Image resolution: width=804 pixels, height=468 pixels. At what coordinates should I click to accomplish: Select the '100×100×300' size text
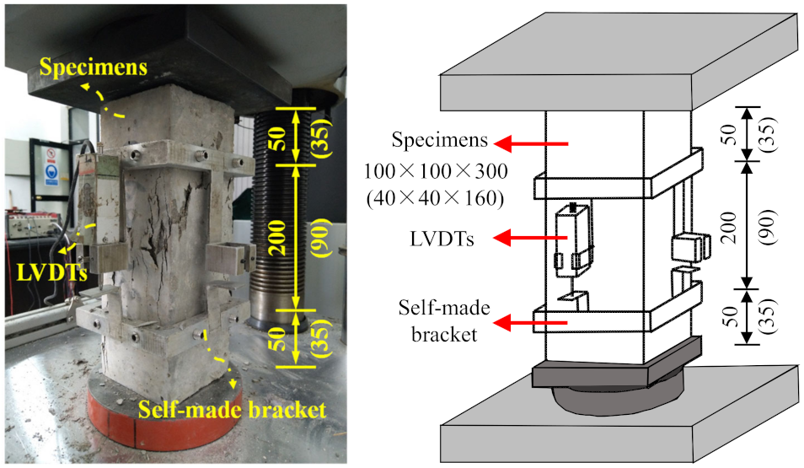pos(436,172)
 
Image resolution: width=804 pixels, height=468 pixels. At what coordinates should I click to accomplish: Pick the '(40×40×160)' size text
pos(436,200)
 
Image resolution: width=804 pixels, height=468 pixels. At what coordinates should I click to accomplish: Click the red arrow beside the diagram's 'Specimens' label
pos(531,143)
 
